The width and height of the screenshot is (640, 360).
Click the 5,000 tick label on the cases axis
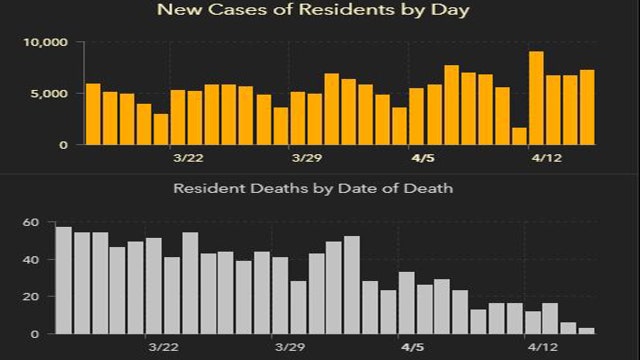[x=48, y=94]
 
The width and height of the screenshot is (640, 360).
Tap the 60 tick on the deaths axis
[x=30, y=222]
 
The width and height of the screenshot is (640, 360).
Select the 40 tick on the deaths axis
[x=30, y=259]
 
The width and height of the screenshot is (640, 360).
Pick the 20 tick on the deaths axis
[x=30, y=296]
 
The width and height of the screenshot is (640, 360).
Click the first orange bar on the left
[x=93, y=114]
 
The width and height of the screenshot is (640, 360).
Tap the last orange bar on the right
[x=587, y=107]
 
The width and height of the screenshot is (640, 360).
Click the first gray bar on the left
[x=63, y=280]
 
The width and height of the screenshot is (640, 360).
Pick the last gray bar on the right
[x=587, y=330]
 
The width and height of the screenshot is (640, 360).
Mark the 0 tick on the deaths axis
[x=33, y=333]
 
